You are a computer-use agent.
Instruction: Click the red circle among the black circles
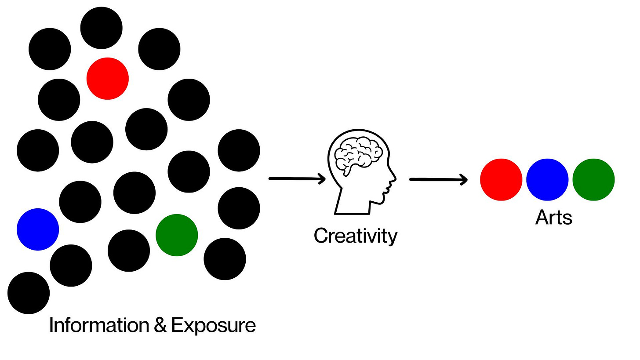click(107, 79)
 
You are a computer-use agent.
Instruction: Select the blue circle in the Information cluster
click(38, 229)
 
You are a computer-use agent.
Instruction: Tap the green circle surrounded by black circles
click(177, 235)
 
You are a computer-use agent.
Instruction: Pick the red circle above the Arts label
click(501, 179)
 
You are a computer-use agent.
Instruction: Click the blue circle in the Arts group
click(547, 179)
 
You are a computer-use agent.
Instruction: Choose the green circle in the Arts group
click(593, 179)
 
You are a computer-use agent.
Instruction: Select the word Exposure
click(213, 326)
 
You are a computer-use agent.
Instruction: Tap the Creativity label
click(356, 236)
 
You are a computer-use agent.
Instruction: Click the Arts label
click(553, 217)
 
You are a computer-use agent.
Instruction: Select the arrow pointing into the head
click(297, 179)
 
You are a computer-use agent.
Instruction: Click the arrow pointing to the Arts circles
click(438, 179)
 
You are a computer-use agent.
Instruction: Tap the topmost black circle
click(101, 28)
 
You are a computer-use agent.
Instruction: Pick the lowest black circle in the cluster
click(29, 293)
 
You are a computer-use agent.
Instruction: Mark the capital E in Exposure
click(177, 326)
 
